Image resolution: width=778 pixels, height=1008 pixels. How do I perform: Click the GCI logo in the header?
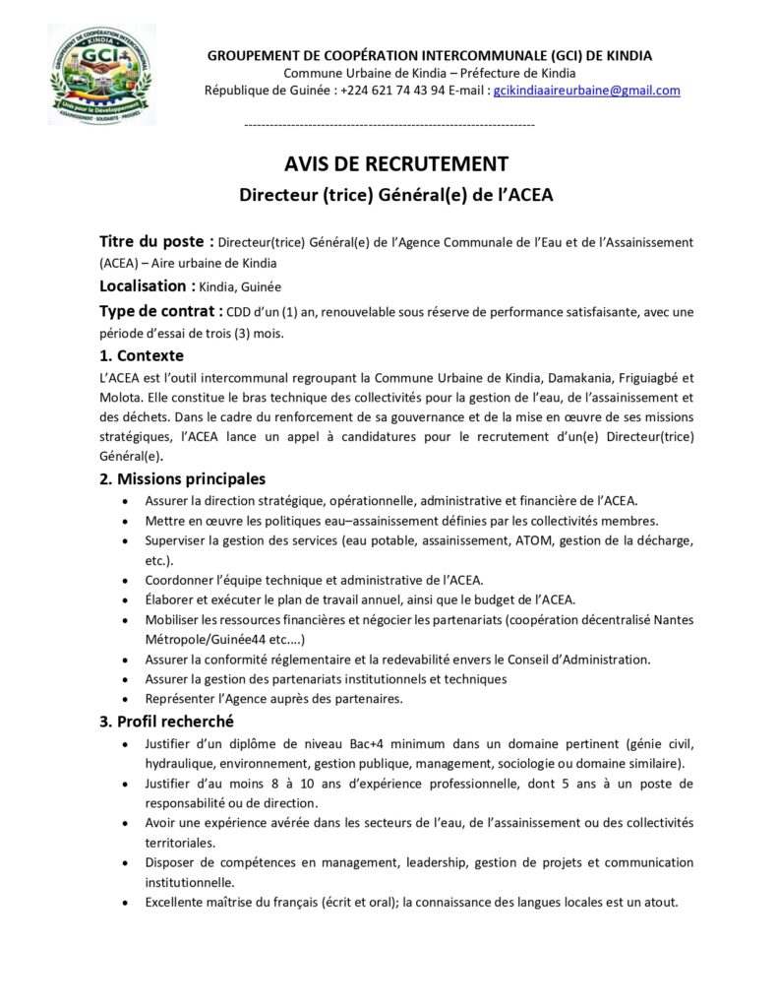[101, 75]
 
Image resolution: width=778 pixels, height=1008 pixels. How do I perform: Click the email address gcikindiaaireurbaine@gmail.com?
[587, 91]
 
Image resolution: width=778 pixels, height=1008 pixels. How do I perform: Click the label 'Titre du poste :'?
[156, 241]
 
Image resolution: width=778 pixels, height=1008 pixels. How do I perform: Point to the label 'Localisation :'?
[147, 286]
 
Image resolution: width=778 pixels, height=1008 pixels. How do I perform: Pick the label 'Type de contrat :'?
[160, 312]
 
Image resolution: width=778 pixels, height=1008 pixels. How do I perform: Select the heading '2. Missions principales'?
[182, 479]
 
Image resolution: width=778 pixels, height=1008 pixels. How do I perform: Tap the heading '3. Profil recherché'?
[166, 722]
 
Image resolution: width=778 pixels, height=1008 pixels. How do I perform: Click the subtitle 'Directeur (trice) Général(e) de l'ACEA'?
[396, 195]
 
